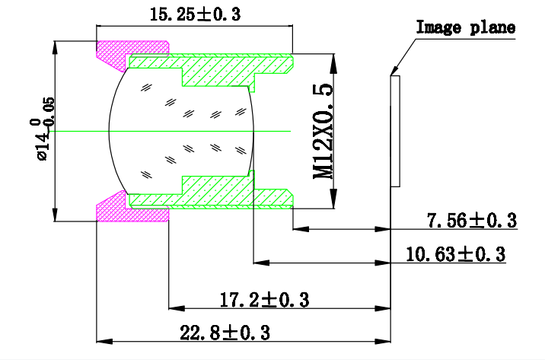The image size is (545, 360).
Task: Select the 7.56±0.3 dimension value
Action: click(471, 221)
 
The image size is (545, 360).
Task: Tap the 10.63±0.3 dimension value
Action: click(455, 254)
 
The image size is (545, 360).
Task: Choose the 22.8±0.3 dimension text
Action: click(225, 333)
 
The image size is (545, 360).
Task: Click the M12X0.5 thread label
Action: click(324, 131)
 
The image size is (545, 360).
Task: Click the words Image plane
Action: click(465, 28)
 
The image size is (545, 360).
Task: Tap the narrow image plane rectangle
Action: click(394, 130)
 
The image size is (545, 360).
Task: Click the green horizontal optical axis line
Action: click(190, 131)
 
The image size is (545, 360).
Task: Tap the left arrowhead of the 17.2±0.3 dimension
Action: click(174, 308)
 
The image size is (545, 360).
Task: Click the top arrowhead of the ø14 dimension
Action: click(54, 45)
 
